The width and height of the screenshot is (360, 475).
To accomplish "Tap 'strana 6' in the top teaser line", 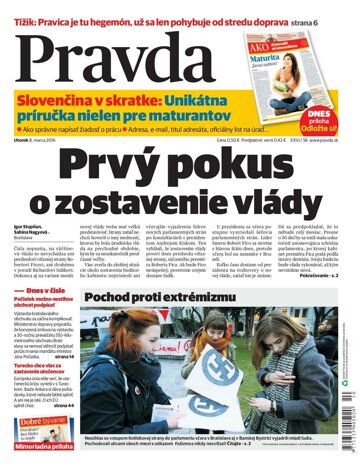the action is coord(319,8).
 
